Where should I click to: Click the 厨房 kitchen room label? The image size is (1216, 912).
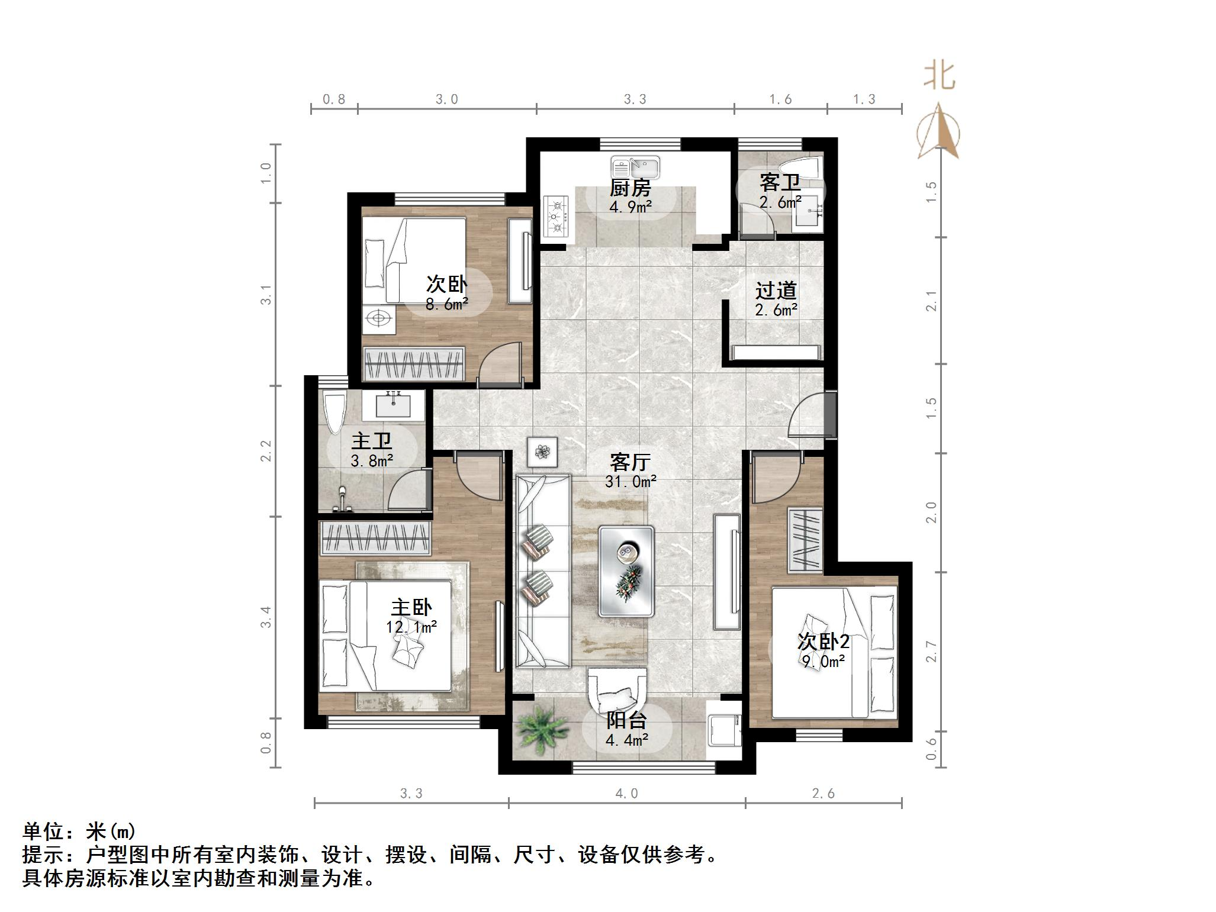(x=630, y=188)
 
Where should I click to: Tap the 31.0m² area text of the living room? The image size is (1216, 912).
(x=630, y=482)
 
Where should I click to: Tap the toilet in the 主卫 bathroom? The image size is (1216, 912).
(x=334, y=412)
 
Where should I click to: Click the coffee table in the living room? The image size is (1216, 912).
(x=626, y=571)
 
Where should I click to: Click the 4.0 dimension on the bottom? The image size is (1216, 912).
(x=626, y=794)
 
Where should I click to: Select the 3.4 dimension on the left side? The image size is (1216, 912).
(x=266, y=617)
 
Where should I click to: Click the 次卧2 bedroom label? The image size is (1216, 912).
(x=823, y=642)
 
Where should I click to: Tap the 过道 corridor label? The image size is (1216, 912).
(x=776, y=291)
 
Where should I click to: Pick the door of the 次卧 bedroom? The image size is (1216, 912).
(x=500, y=364)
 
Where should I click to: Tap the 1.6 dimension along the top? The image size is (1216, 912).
(x=780, y=99)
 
